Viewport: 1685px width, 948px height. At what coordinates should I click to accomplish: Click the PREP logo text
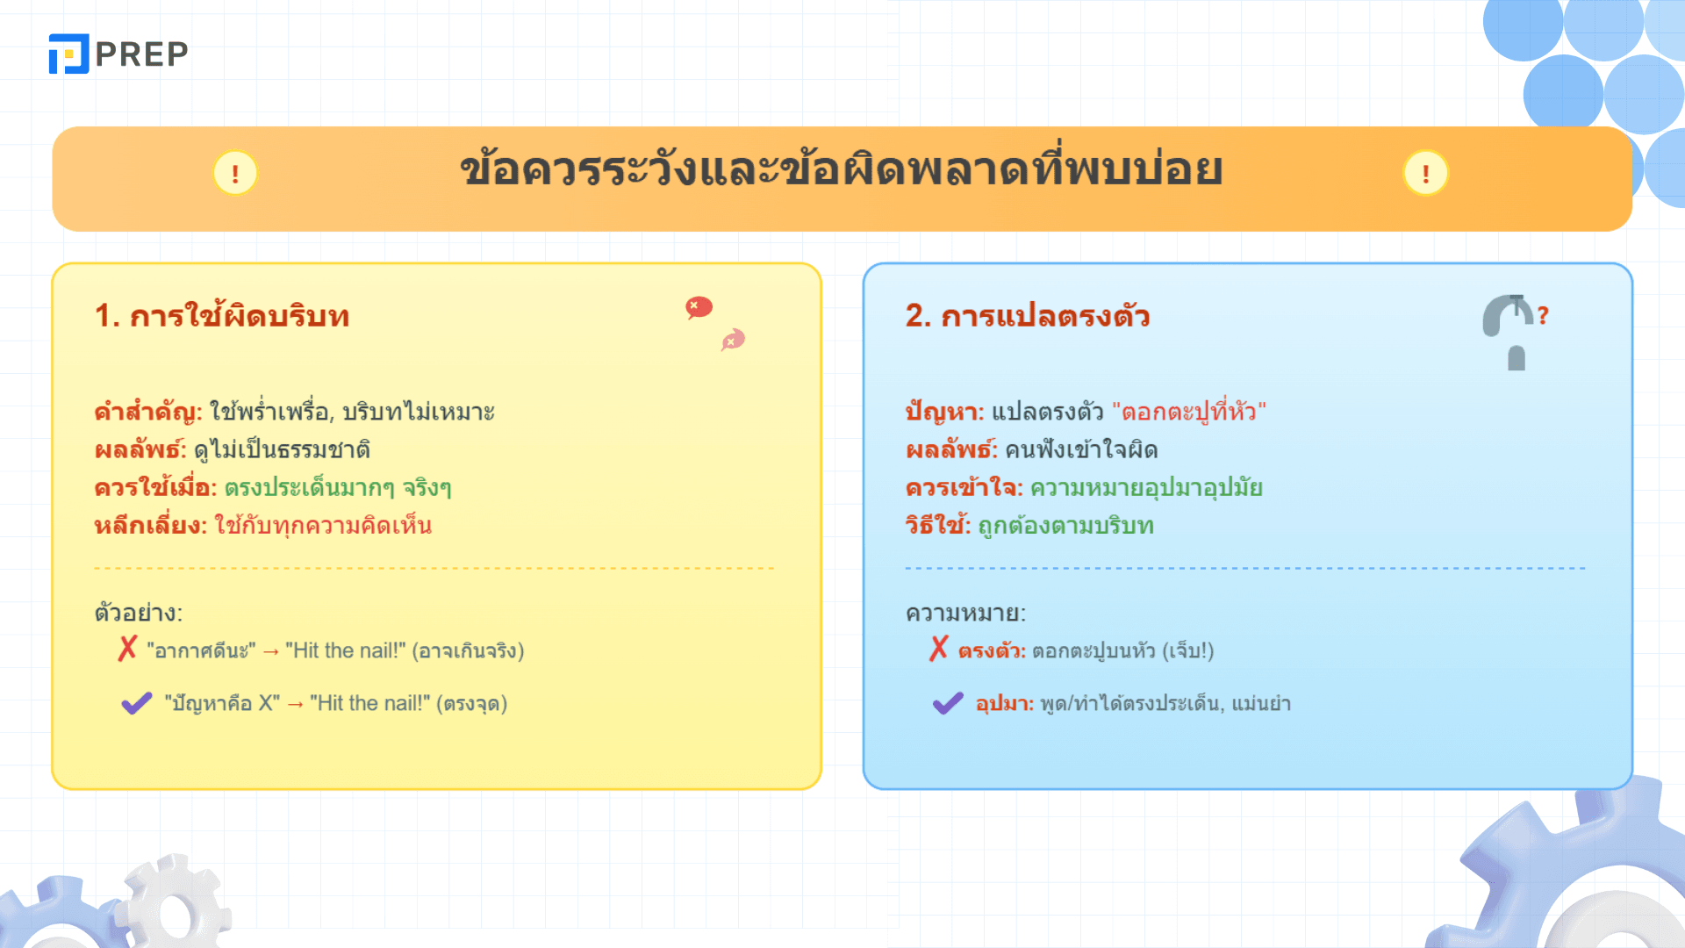[141, 54]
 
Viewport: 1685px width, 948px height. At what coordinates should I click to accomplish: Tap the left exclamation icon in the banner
[235, 173]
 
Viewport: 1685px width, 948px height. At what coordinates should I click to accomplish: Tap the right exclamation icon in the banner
[1425, 173]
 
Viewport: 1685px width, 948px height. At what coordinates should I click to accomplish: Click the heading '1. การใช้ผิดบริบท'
[222, 315]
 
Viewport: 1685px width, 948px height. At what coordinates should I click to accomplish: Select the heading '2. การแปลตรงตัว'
[1028, 315]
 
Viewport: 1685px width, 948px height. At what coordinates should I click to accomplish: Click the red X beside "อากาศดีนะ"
[128, 649]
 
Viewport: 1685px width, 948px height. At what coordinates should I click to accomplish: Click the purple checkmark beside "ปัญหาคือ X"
[137, 703]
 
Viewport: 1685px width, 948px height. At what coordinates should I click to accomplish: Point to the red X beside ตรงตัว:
[939, 649]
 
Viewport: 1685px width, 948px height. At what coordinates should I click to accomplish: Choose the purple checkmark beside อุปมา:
[948, 703]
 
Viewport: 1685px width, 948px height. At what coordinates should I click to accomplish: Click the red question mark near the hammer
[1543, 315]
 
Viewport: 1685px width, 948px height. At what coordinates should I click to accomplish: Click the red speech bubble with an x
[699, 307]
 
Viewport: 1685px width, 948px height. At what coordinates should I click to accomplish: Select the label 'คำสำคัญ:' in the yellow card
[148, 412]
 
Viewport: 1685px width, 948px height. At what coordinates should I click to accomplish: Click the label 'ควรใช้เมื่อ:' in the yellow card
[155, 487]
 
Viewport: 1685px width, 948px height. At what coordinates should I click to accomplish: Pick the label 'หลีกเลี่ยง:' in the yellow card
[151, 526]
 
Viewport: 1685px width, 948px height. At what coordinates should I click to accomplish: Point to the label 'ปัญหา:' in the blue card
[945, 412]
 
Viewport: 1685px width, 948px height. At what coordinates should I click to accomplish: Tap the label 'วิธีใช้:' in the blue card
[938, 525]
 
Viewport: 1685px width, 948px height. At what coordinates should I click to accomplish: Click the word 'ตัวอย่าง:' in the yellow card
[139, 613]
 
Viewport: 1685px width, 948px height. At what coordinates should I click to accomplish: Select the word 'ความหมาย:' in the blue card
[965, 613]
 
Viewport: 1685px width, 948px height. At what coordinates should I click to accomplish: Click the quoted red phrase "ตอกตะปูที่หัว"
[1189, 411]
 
